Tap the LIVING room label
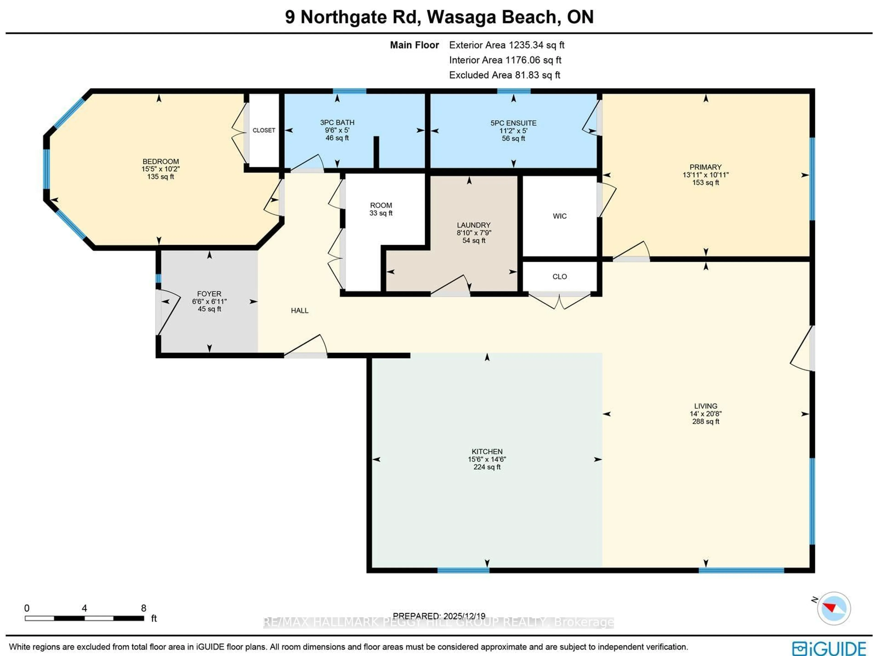705,406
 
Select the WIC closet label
559,216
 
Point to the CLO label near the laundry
559,277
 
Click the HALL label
299,311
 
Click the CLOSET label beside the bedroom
264,130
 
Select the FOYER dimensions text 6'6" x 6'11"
209,301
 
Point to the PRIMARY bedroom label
705,167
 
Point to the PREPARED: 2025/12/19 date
439,616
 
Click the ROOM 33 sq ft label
381,209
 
